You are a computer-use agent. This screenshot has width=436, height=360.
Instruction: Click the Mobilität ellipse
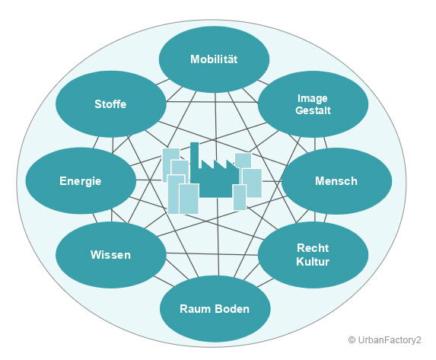pyautogui.click(x=214, y=59)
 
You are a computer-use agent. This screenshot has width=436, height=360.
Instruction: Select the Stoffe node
pyautogui.click(x=111, y=104)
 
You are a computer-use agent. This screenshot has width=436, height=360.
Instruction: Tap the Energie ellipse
pyautogui.click(x=81, y=181)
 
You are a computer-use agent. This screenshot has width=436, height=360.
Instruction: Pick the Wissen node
pyautogui.click(x=111, y=255)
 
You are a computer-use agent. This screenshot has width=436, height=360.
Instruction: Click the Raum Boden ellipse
pyautogui.click(x=215, y=309)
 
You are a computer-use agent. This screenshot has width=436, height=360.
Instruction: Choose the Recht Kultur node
pyautogui.click(x=313, y=255)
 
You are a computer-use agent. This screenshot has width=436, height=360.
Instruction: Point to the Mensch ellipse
pyautogui.click(x=337, y=181)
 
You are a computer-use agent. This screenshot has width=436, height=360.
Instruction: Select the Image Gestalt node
pyautogui.click(x=313, y=104)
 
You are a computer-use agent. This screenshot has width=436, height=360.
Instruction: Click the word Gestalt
pyautogui.click(x=313, y=110)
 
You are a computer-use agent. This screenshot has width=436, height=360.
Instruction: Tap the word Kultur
pyautogui.click(x=313, y=262)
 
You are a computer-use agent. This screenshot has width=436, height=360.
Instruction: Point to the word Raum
pyautogui.click(x=196, y=309)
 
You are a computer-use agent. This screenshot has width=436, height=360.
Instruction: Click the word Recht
pyautogui.click(x=313, y=248)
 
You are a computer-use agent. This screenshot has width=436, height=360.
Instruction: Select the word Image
pyautogui.click(x=313, y=98)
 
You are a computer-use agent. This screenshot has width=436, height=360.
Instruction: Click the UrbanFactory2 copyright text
pyautogui.click(x=385, y=340)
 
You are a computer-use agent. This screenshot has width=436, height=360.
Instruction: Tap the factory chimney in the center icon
pyautogui.click(x=194, y=156)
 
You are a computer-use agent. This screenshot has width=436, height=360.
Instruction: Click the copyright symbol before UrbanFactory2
pyautogui.click(x=352, y=340)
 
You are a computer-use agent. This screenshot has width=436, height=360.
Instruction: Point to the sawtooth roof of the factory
pyautogui.click(x=220, y=164)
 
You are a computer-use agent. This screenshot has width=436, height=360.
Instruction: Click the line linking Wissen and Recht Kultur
pyautogui.click(x=212, y=254)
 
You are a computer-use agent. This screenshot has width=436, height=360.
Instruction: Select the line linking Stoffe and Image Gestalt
pyautogui.click(x=212, y=102)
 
